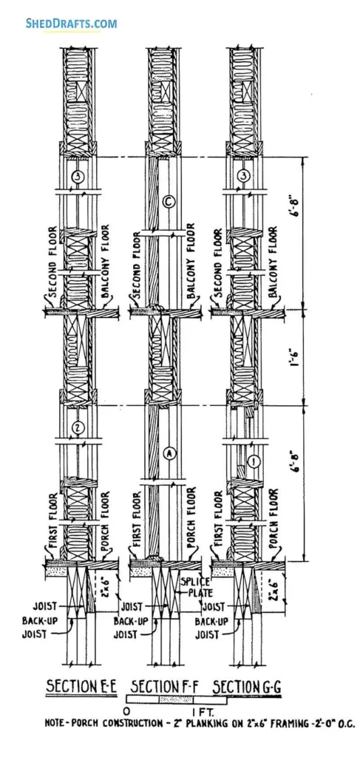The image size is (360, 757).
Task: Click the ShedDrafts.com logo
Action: (71, 23)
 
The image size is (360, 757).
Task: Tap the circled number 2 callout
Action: (78, 427)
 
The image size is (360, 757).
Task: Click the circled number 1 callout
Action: (254, 462)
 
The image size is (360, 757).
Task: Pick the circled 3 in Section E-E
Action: (78, 177)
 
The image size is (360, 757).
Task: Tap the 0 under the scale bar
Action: (126, 712)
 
